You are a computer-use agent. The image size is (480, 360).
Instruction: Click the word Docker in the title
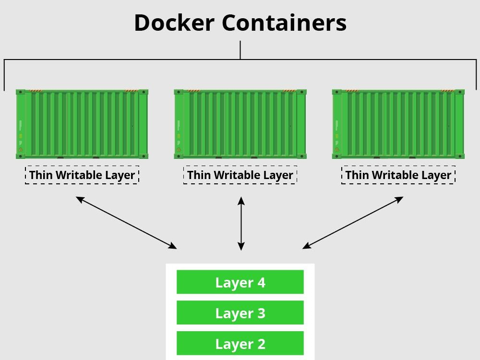coord(174,23)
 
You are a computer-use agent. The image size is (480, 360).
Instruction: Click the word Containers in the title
coord(284,23)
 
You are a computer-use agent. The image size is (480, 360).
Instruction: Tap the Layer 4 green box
coord(240,282)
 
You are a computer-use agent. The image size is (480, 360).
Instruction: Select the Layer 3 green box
coord(240,312)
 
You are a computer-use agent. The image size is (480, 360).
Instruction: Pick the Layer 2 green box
coord(240,343)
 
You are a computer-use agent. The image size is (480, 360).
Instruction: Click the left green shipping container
coord(82,124)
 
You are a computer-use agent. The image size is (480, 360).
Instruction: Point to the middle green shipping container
coord(240,124)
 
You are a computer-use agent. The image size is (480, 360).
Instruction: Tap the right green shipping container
coord(398,124)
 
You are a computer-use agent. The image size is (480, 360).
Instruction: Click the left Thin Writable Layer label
coord(82,175)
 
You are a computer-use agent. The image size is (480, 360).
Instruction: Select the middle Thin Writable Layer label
coord(240,175)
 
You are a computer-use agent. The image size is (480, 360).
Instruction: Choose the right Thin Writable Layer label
coord(398,175)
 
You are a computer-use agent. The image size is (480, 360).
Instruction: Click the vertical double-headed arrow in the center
coord(241,224)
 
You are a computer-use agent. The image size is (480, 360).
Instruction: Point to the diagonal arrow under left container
coord(126,223)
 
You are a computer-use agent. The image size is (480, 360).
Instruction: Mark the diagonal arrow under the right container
coord(353,223)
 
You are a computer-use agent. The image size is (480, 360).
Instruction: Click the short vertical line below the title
coord(240,50)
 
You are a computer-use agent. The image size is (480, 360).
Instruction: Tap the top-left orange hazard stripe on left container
coord(36,91)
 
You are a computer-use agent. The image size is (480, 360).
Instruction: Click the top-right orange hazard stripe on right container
coord(447,91)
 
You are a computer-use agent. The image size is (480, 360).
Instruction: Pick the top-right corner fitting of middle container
coord(301,92)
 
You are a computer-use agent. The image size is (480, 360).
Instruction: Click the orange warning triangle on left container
coord(21,149)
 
